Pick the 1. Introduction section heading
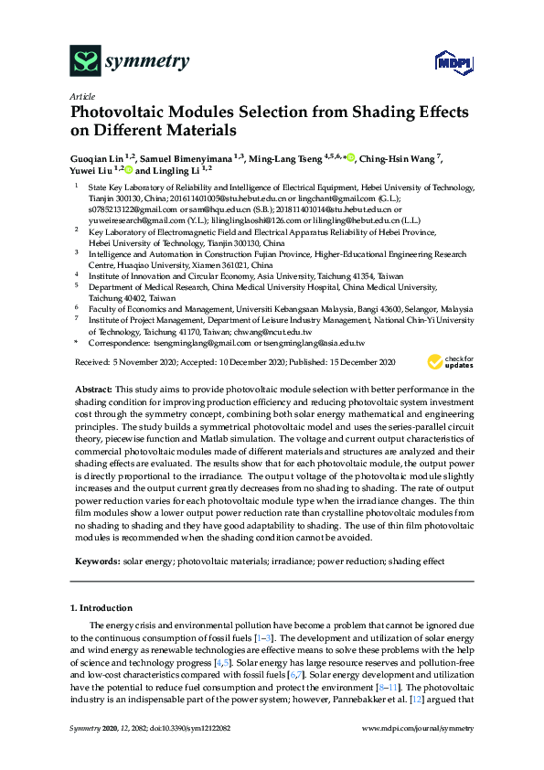101,607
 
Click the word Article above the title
80,95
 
